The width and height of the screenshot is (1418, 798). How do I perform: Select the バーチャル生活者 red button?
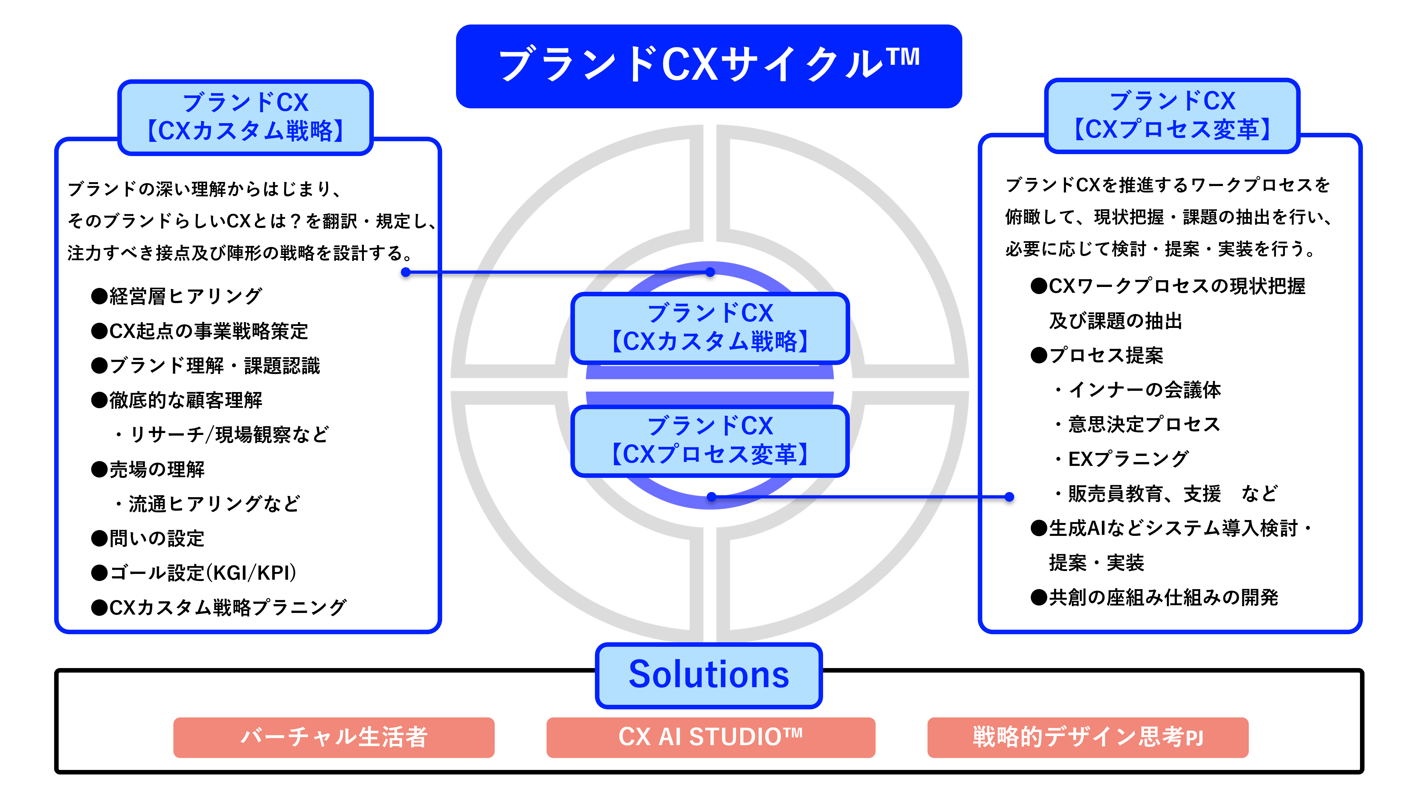click(x=334, y=737)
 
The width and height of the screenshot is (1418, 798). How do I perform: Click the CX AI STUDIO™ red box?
click(x=710, y=737)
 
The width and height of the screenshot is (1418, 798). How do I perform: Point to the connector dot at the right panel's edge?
click(x=1009, y=497)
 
